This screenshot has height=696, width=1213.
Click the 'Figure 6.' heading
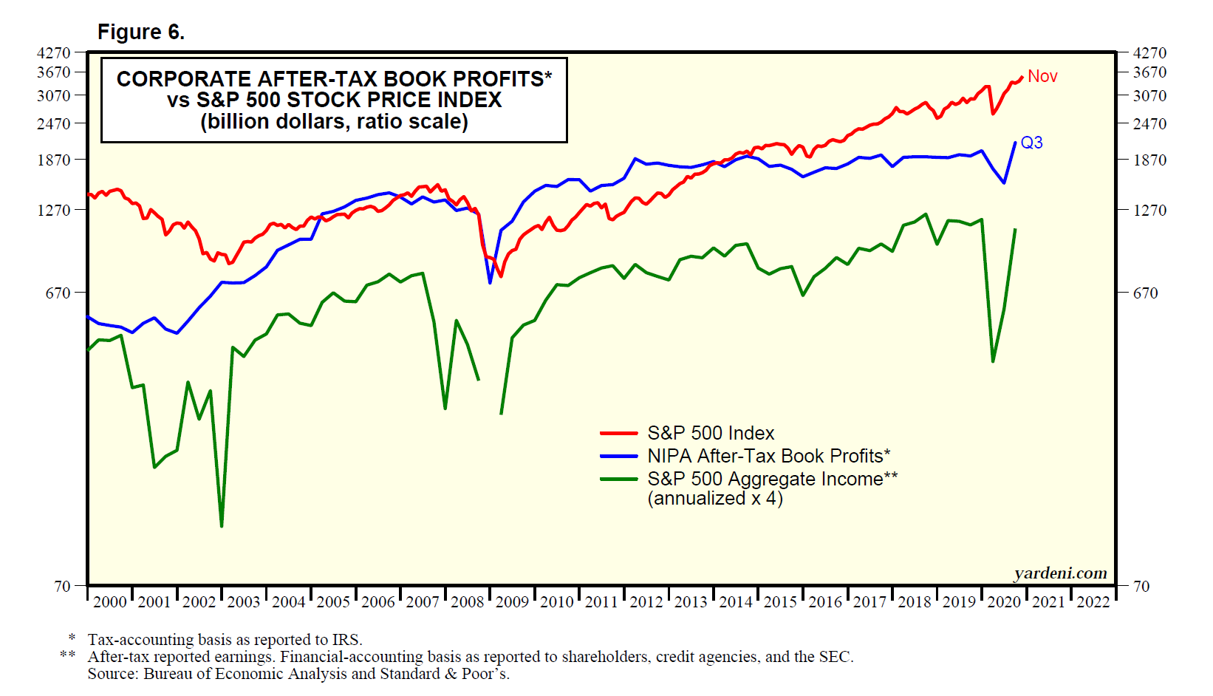click(x=141, y=33)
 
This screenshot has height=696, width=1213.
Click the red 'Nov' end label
click(x=1042, y=76)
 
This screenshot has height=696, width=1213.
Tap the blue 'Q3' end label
click(x=1031, y=143)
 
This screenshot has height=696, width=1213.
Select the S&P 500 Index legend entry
click(x=711, y=433)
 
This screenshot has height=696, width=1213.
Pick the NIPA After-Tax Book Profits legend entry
click(x=768, y=456)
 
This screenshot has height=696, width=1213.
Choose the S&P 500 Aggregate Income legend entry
click(x=772, y=479)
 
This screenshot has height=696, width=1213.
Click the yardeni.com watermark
click(x=1060, y=573)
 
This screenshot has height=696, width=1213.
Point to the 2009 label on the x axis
click(x=512, y=602)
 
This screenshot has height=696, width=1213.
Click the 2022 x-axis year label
click(x=1093, y=602)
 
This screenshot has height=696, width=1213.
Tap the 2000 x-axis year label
click(x=110, y=602)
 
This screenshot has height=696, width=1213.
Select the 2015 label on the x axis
click(x=780, y=602)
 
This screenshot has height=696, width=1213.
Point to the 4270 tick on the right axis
click(x=1149, y=53)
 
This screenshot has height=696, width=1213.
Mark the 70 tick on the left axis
click(x=63, y=587)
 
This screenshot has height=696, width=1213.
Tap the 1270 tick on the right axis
click(x=1149, y=211)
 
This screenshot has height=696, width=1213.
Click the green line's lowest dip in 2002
click(x=222, y=525)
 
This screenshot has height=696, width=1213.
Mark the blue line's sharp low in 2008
click(x=490, y=282)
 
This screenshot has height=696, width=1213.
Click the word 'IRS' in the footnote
click(x=346, y=640)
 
